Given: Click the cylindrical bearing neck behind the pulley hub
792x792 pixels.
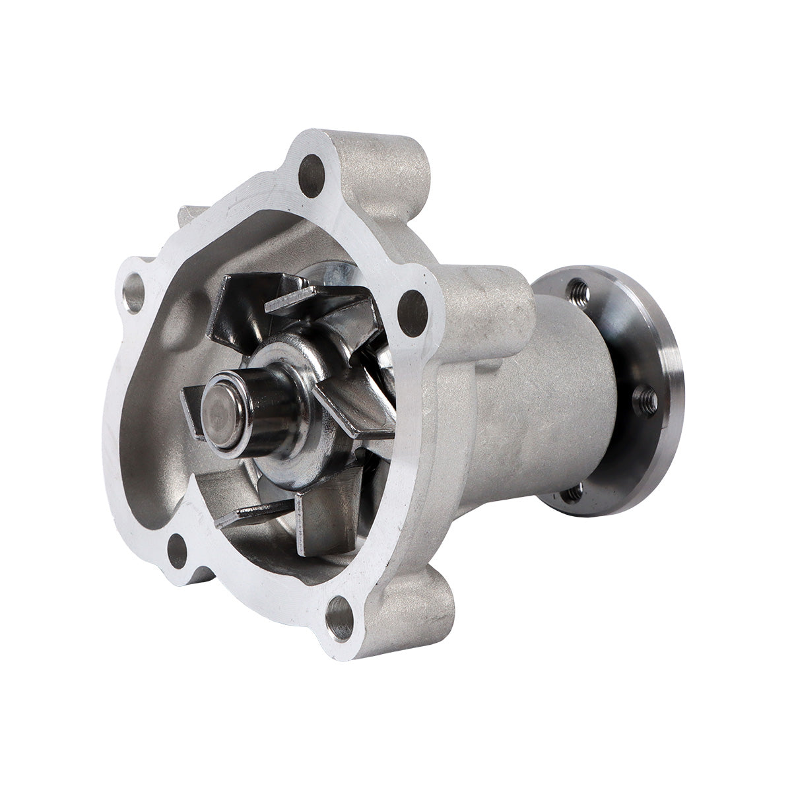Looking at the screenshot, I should tap(568, 389).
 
